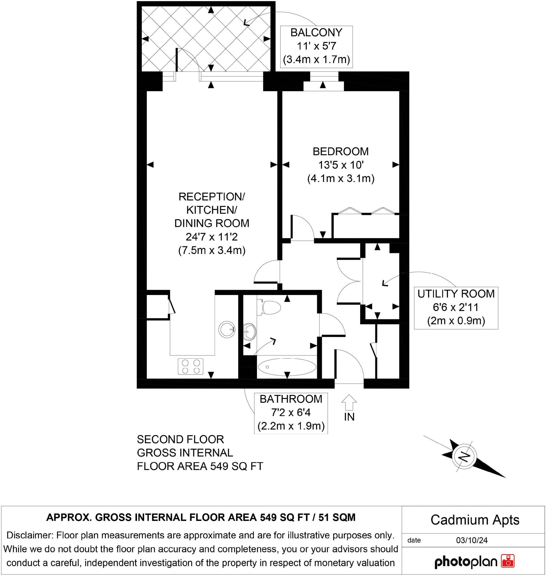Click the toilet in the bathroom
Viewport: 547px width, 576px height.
click(270, 307)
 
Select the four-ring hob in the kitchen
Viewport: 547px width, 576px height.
click(190, 366)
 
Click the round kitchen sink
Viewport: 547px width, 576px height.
click(227, 329)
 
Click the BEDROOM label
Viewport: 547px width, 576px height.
click(340, 152)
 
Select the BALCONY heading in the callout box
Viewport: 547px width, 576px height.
click(316, 33)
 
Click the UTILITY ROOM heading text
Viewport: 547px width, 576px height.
click(456, 294)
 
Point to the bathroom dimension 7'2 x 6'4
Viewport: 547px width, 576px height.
click(291, 413)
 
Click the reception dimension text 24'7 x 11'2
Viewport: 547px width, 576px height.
click(212, 237)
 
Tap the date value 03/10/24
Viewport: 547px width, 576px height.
click(472, 540)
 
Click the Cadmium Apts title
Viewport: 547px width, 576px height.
click(475, 520)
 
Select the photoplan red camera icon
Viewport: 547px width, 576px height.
click(508, 561)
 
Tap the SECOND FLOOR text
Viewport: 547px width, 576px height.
click(180, 439)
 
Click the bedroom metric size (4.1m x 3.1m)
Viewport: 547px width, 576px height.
click(340, 178)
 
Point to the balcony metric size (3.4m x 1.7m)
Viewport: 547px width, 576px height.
click(316, 59)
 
